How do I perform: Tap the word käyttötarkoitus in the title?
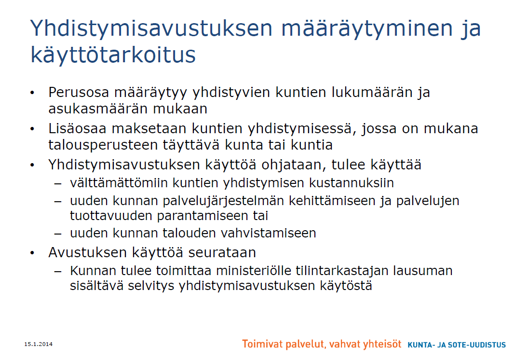point(113,54)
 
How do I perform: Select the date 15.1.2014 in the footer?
point(39,344)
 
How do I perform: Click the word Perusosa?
point(79,92)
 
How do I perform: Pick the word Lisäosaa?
point(78,128)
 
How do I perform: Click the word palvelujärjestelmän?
point(224,201)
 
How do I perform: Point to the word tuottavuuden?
point(111,216)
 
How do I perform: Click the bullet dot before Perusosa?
point(32,92)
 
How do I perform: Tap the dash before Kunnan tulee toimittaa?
point(58,271)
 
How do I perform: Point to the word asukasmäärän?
point(98,109)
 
